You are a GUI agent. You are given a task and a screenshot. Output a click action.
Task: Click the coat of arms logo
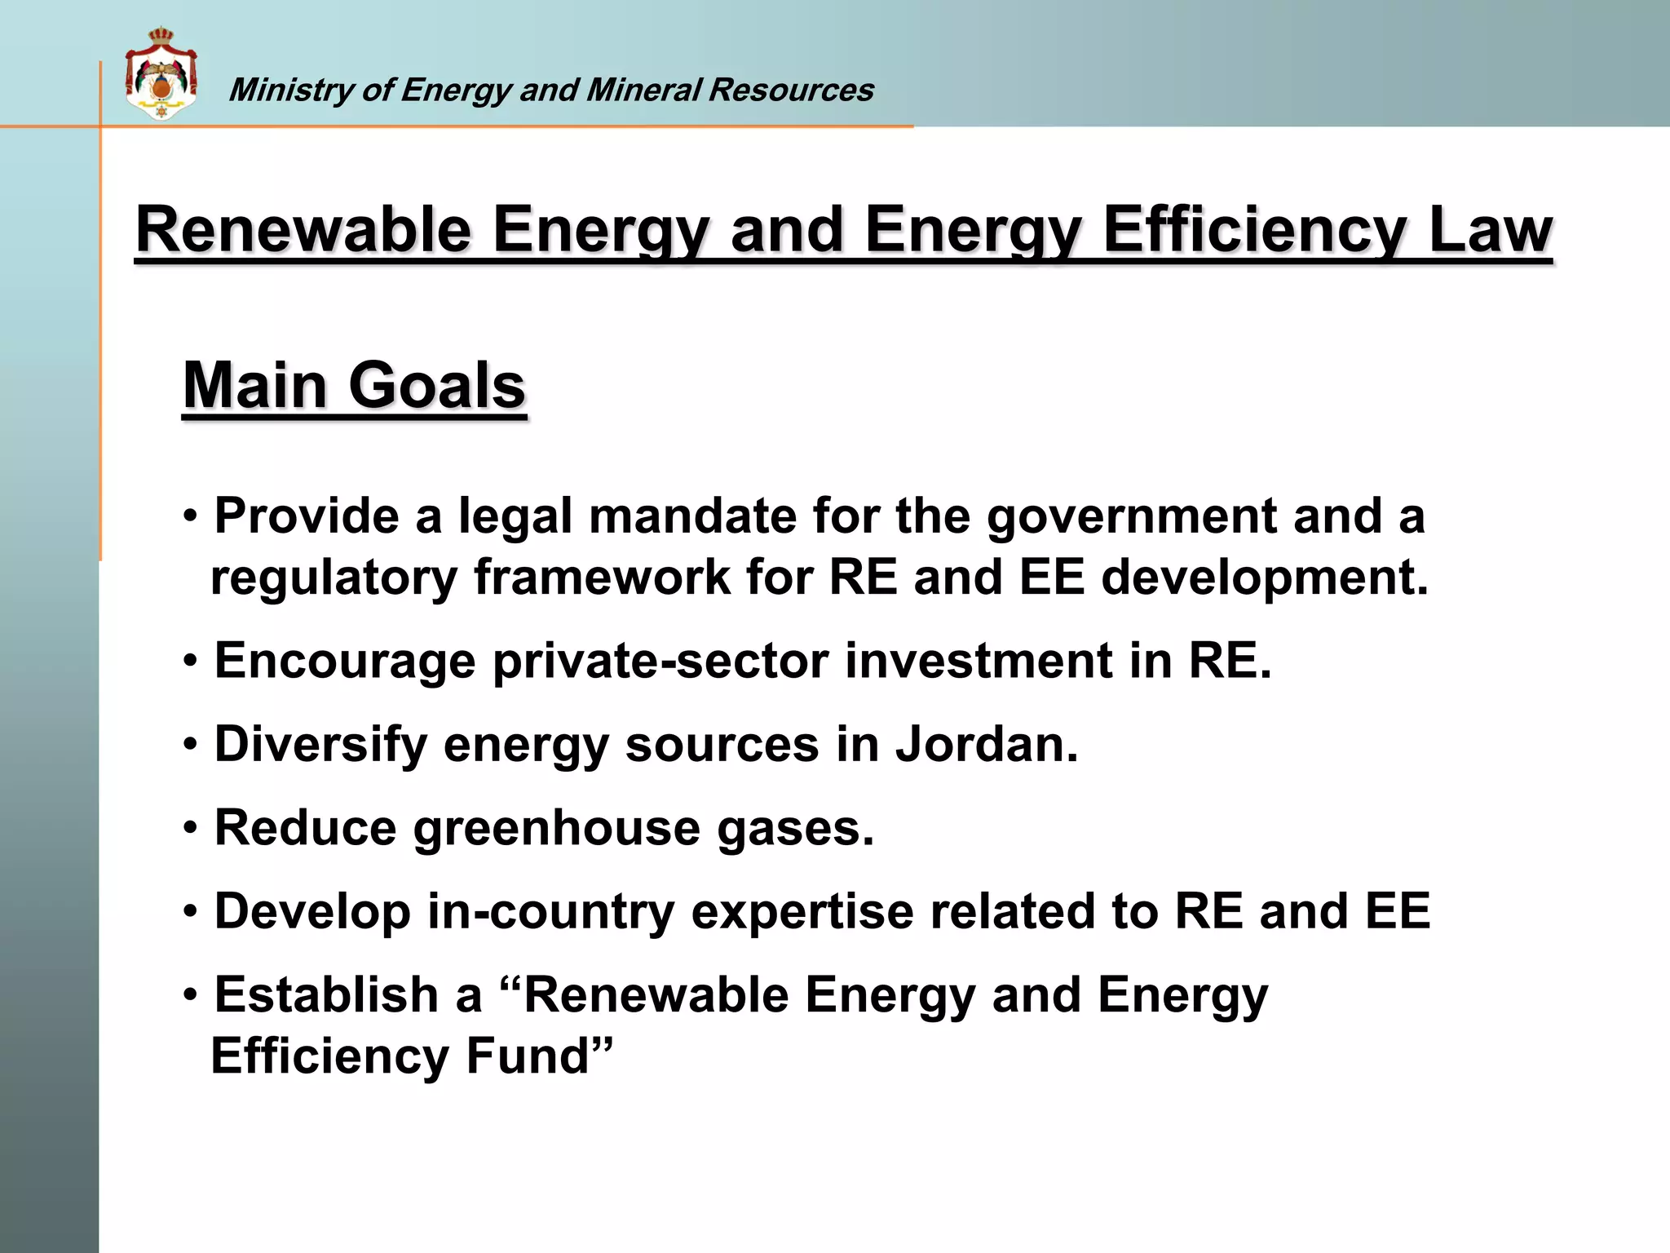tap(161, 74)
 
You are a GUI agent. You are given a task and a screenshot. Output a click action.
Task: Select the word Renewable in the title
tap(303, 230)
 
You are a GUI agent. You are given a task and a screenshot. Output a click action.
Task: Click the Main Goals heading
tap(354, 385)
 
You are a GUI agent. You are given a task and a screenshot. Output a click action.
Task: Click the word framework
tap(602, 578)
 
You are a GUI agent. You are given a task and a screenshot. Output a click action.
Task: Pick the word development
tap(1264, 578)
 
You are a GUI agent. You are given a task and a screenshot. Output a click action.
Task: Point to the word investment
tap(979, 661)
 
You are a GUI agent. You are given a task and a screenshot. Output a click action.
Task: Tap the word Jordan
tap(987, 745)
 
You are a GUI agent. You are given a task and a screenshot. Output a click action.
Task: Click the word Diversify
tap(320, 745)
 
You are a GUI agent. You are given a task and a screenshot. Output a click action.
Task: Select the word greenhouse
tap(557, 829)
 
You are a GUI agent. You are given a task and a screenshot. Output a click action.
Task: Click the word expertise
tap(802, 912)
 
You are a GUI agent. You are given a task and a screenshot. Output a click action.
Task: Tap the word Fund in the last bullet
tap(538, 1056)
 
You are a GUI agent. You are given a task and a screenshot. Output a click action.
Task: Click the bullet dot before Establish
tap(190, 996)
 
